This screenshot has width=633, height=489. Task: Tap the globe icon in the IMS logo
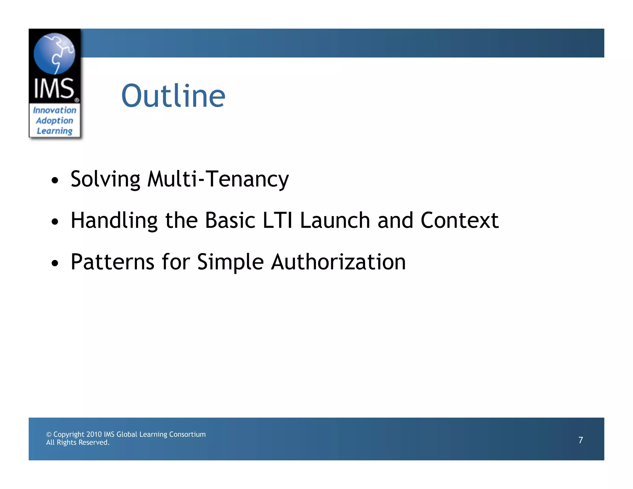pyautogui.click(x=54, y=53)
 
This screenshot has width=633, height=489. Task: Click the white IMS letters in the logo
pyautogui.click(x=54, y=89)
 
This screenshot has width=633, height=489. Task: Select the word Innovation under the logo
pyautogui.click(x=55, y=110)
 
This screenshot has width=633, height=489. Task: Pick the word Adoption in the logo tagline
pyautogui.click(x=55, y=121)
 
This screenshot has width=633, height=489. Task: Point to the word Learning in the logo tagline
pyautogui.click(x=55, y=131)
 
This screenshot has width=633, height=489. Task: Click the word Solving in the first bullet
pyautogui.click(x=105, y=179)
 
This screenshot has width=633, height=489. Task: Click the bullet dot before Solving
pyautogui.click(x=55, y=180)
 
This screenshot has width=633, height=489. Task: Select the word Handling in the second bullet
pyautogui.click(x=114, y=221)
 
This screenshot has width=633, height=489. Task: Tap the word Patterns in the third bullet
pyautogui.click(x=112, y=262)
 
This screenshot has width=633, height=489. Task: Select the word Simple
pyautogui.click(x=230, y=262)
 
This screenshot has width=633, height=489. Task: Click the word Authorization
pyautogui.click(x=338, y=262)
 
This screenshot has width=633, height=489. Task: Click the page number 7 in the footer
pyautogui.click(x=580, y=440)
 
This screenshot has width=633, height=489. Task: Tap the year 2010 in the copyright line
pyautogui.click(x=94, y=434)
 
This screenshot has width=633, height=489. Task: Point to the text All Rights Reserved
pyautogui.click(x=78, y=443)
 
